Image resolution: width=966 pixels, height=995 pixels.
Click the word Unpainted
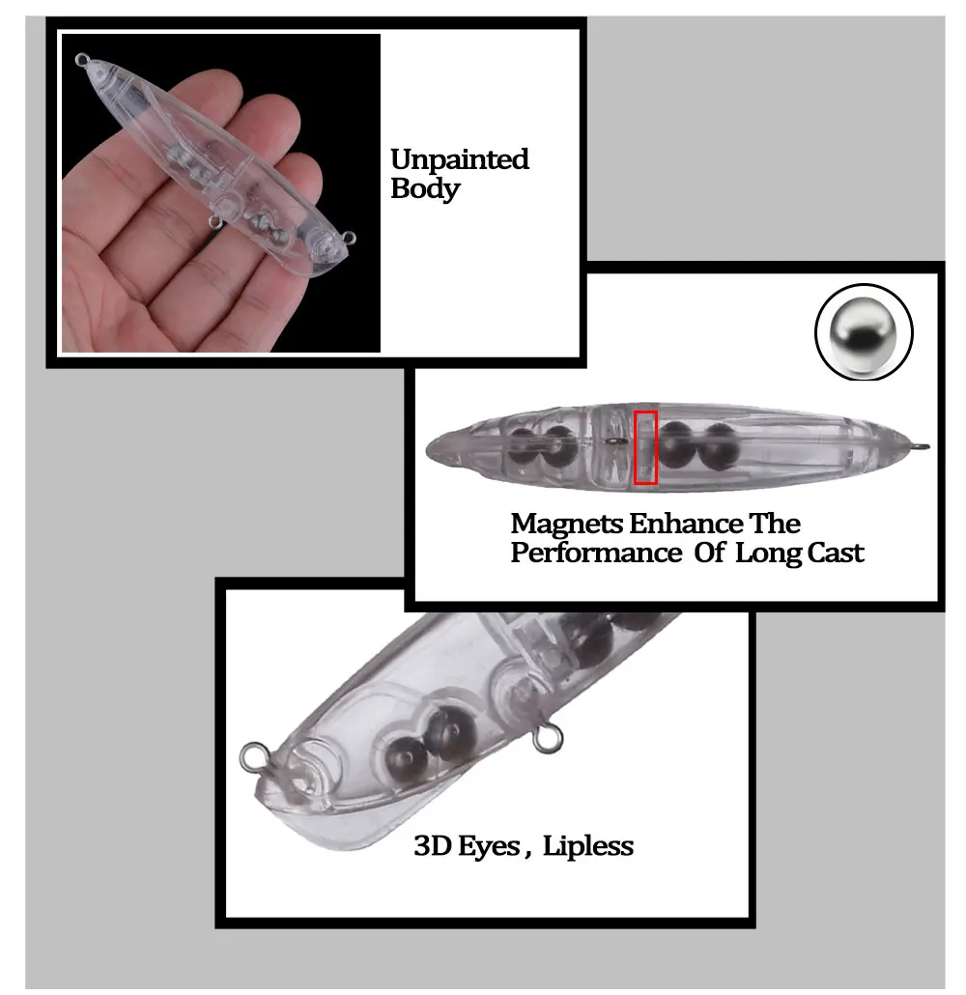point(460,159)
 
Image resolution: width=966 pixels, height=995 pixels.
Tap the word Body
point(425,189)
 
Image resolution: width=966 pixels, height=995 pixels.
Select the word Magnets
point(567,525)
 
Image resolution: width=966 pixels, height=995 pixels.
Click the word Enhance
point(686,524)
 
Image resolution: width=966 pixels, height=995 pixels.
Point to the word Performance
point(596,553)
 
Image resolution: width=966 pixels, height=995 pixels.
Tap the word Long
point(769,554)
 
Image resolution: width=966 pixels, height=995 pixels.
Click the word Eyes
point(489,847)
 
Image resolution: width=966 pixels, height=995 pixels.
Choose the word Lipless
point(587,846)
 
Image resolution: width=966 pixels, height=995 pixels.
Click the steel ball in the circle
point(864,332)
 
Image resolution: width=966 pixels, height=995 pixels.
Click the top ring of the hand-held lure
point(82,60)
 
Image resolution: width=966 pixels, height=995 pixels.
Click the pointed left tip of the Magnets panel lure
point(428,451)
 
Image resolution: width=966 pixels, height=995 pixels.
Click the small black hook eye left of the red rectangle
point(613,441)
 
